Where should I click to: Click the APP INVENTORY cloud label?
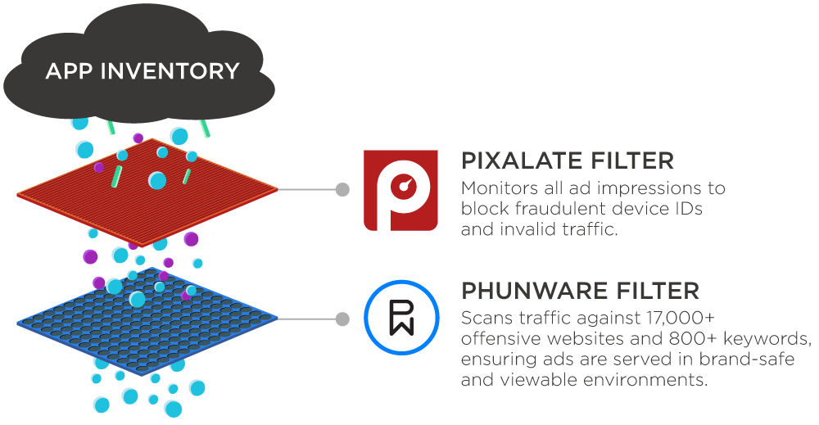[x=142, y=71]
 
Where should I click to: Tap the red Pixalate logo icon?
[x=400, y=190]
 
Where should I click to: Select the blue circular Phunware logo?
[x=401, y=319]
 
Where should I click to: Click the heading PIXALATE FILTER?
[x=568, y=160]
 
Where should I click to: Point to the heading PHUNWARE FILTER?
[x=580, y=290]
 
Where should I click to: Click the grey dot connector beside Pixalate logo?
[x=342, y=189]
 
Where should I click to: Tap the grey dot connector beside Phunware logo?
[x=342, y=319]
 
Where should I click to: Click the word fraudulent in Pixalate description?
[x=548, y=209]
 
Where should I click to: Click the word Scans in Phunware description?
[x=484, y=318]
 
